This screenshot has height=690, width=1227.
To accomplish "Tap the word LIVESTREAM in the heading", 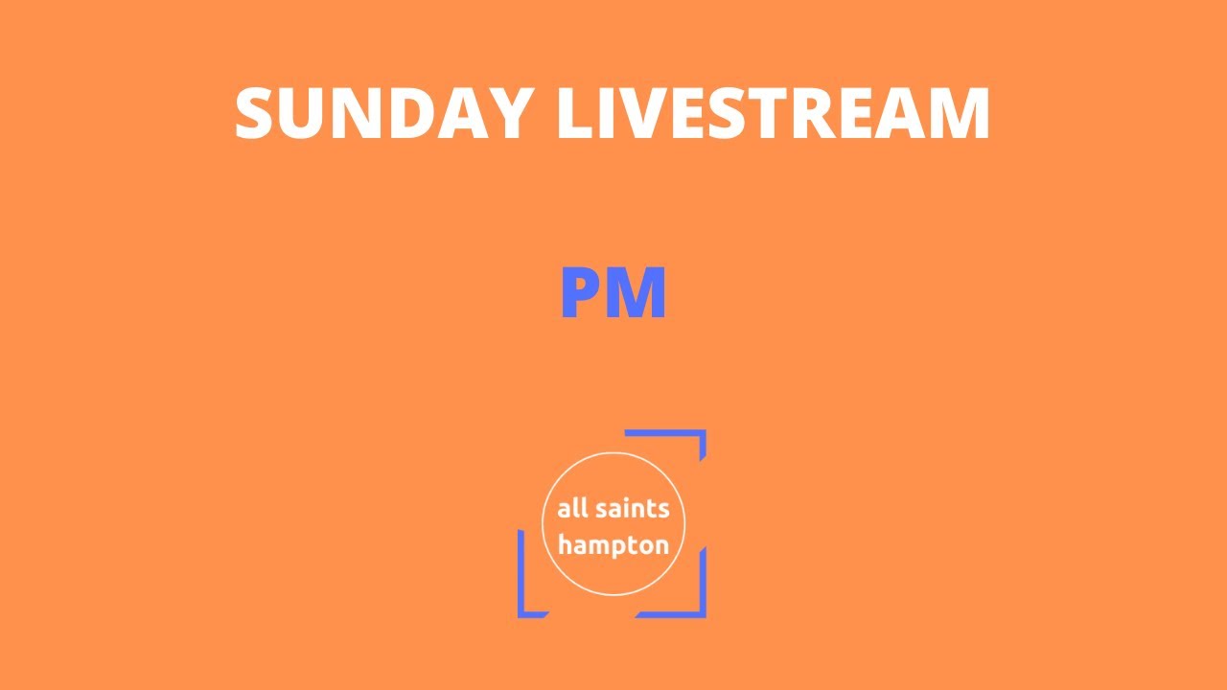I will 774,114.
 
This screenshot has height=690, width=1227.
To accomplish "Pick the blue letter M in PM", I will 634,294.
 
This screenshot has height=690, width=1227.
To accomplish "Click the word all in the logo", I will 571,508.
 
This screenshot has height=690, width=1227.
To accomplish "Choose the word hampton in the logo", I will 613,545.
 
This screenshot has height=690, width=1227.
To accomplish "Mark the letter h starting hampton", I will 565,544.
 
